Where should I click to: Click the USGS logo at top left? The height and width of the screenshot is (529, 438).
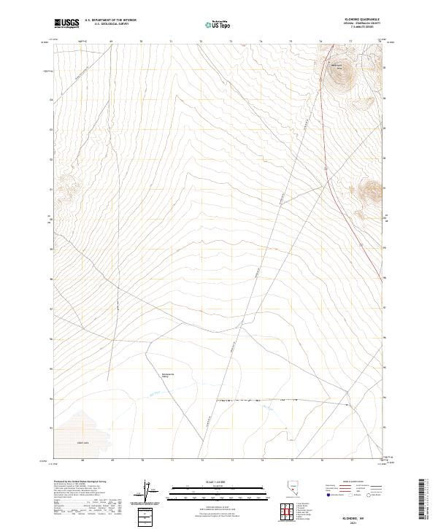[x=66, y=23]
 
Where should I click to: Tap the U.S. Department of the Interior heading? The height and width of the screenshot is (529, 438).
[x=111, y=20]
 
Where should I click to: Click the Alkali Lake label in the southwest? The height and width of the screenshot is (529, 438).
[x=82, y=442]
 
